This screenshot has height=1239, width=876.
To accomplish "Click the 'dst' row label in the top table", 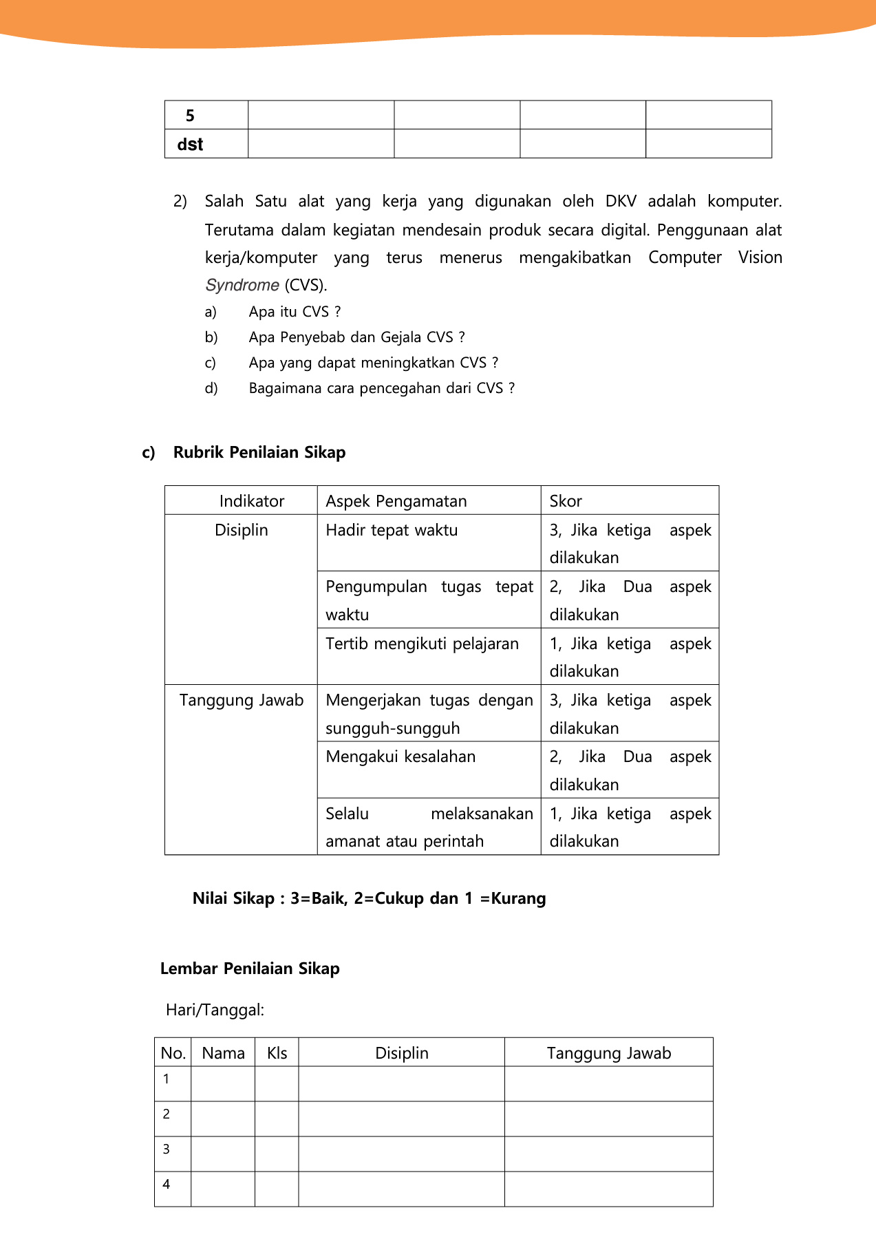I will [x=190, y=145].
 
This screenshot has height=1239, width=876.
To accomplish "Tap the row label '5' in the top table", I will [x=190, y=116].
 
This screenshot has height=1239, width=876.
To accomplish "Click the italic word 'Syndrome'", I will [x=242, y=285].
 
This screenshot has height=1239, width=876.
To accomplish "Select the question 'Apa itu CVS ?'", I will [x=295, y=312].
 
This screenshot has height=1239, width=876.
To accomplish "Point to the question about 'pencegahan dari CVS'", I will [x=381, y=388].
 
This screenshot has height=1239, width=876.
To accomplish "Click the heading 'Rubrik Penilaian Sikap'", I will [x=259, y=452].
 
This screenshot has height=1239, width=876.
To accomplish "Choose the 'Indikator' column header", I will [x=251, y=501].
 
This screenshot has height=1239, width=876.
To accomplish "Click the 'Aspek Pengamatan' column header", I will [x=396, y=501].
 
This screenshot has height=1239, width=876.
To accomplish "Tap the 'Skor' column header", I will [x=566, y=501].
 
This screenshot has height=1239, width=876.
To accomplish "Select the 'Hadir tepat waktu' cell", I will [x=392, y=530].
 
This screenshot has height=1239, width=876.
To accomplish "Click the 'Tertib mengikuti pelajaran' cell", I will [x=422, y=644].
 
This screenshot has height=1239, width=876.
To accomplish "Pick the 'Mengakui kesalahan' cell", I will [x=400, y=756].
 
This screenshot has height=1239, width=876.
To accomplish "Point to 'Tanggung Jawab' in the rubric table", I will [x=241, y=700].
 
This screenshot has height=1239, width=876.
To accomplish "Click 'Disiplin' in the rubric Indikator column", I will [x=241, y=530].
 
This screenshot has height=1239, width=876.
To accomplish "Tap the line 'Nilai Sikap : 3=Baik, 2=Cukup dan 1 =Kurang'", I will [x=369, y=898].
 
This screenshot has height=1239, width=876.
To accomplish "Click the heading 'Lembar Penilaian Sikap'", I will [x=250, y=968].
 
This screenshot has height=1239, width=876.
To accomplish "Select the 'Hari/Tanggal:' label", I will [x=215, y=1010].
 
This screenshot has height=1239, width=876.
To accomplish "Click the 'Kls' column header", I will [x=277, y=1053].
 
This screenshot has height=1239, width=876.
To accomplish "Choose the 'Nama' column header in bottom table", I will [x=223, y=1053].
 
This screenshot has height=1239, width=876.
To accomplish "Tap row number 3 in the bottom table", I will [x=166, y=1149].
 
